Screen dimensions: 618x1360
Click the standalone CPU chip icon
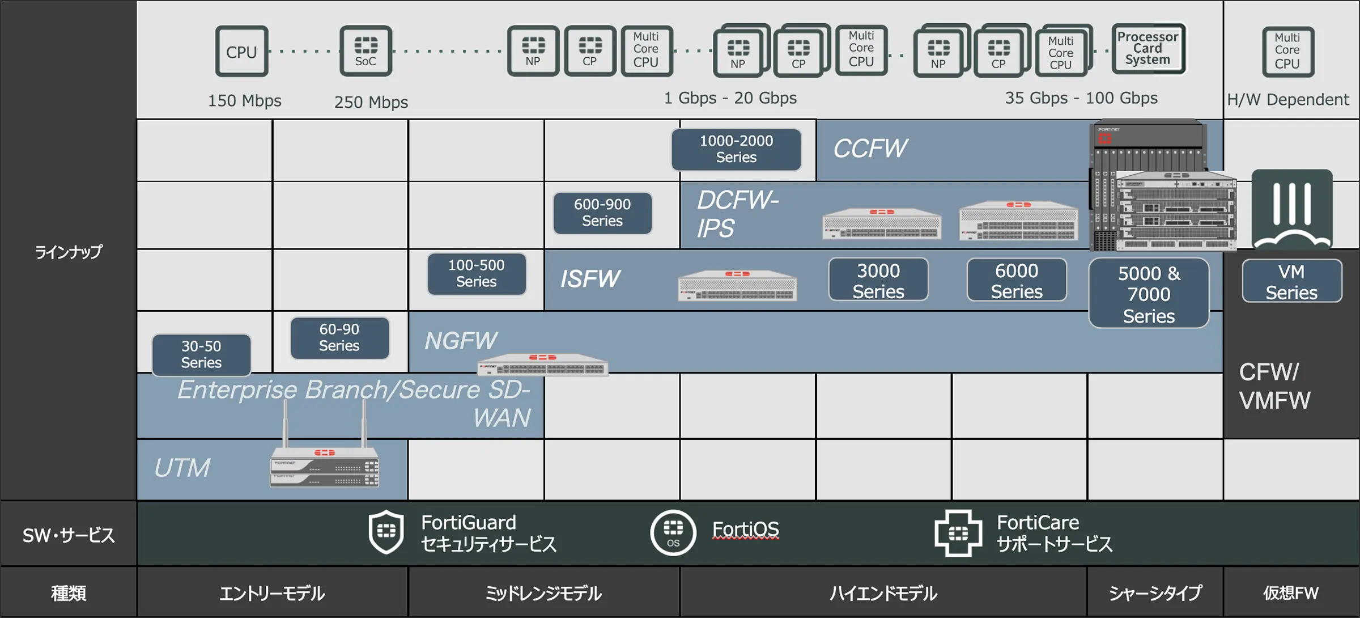pos(241,52)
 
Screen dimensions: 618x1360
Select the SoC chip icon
pos(365,51)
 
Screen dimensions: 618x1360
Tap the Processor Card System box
pos(1148,49)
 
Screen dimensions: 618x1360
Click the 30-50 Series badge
pos(201,354)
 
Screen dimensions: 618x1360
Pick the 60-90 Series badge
pos(339,337)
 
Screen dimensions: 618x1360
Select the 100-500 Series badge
pos(477,273)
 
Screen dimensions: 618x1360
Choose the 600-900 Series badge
pos(602,213)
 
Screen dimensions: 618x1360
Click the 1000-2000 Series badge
pos(736,149)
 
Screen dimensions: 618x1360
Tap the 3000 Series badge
pos(878,280)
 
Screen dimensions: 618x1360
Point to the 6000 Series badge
pos(1017,280)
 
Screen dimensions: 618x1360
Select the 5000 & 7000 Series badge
pos(1149,294)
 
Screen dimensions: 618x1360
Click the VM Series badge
pos(1291,281)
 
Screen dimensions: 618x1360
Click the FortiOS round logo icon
pos(673,532)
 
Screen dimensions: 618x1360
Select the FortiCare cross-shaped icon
pos(958,533)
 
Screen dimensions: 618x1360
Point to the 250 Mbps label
pos(371,102)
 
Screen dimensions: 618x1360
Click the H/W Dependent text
pos(1287,100)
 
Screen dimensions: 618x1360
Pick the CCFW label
pos(870,149)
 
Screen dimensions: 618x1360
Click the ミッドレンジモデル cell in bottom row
pos(543,593)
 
